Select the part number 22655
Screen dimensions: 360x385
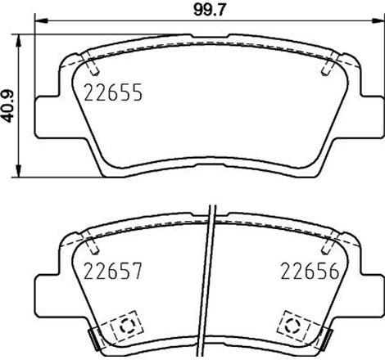tap(113, 93)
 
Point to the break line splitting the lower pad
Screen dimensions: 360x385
tap(211, 278)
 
